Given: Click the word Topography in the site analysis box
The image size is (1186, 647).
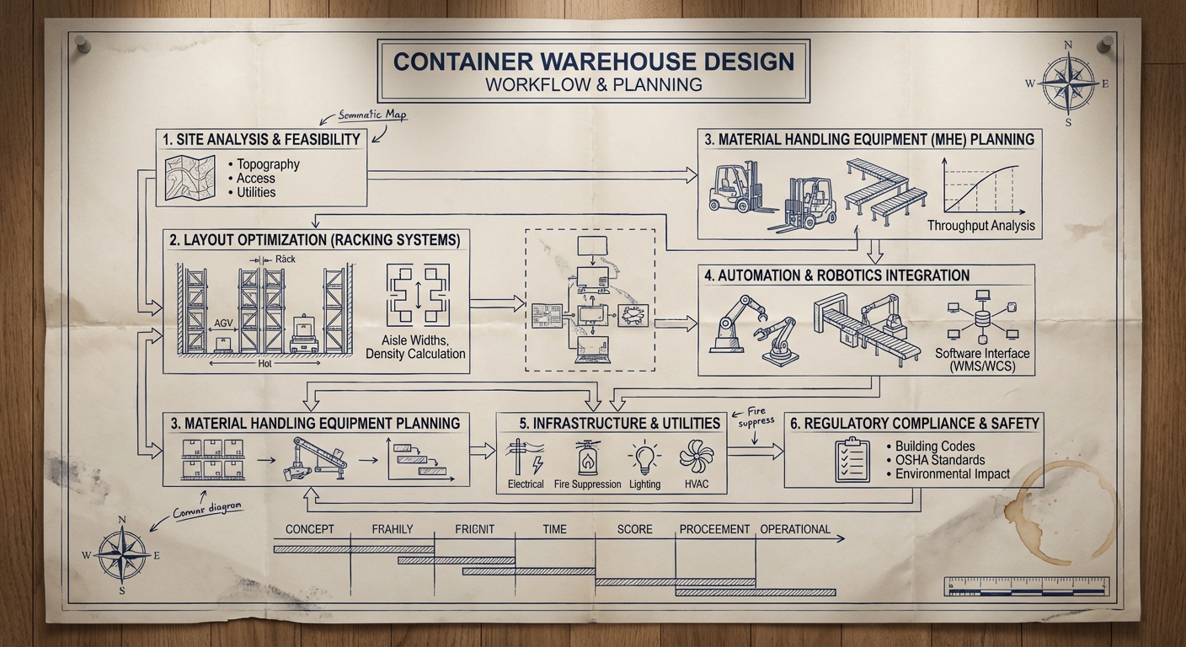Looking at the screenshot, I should click(268, 164).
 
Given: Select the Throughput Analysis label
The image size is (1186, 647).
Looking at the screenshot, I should click(981, 226).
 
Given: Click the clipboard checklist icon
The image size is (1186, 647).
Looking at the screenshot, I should click(852, 459).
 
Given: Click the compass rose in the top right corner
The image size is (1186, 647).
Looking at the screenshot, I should click(1067, 83).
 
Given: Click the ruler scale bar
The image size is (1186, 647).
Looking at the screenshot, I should click(1027, 586).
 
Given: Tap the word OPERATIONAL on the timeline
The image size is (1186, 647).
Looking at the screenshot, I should click(795, 529).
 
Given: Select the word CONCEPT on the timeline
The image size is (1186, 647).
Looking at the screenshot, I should click(310, 529).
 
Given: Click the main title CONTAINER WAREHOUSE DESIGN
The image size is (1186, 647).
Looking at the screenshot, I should click(594, 61).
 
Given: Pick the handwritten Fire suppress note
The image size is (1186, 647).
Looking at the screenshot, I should click(756, 415).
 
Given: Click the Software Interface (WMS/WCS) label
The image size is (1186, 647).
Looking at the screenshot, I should click(982, 360).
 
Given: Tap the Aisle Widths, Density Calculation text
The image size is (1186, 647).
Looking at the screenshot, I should click(415, 347).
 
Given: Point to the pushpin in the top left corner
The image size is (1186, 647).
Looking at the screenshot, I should click(82, 43).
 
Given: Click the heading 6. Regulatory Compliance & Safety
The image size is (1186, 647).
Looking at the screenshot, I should click(914, 423).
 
